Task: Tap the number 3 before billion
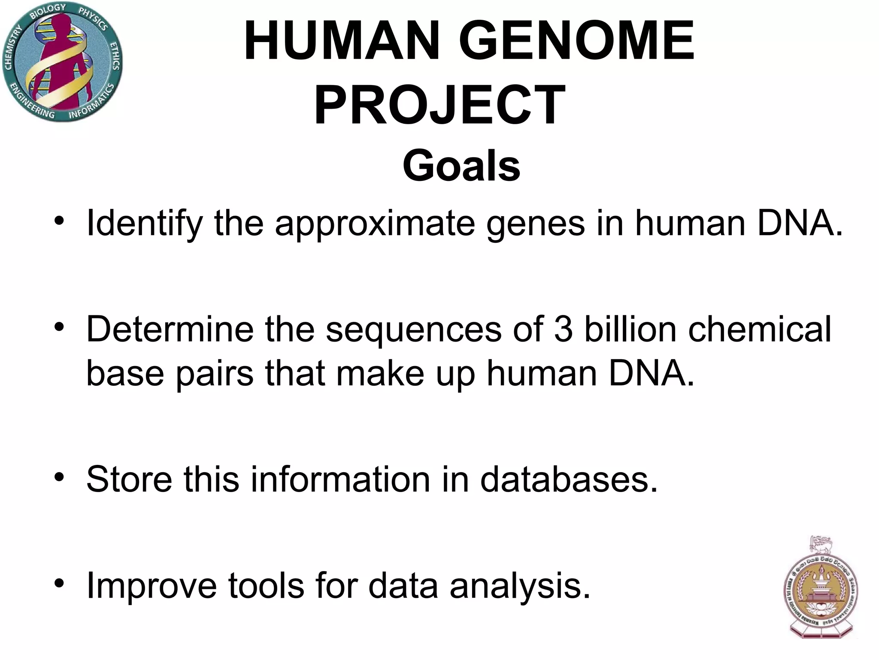[x=563, y=329]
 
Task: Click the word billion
[x=630, y=329]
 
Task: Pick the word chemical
[x=760, y=329]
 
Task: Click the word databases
[x=569, y=479]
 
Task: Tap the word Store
[x=129, y=479]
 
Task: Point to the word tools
[x=266, y=586]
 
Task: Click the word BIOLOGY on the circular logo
[x=48, y=11]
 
